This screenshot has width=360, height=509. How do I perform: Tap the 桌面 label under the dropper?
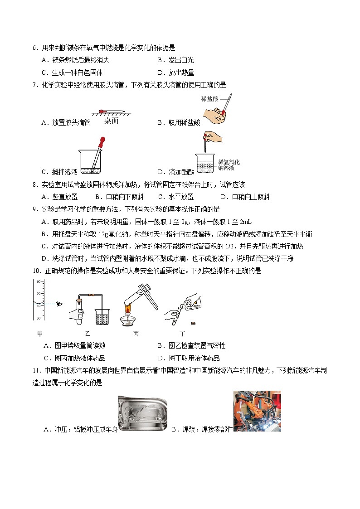pyautogui.click(x=112, y=121)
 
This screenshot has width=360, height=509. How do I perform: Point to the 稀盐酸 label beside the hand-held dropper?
pyautogui.click(x=209, y=99)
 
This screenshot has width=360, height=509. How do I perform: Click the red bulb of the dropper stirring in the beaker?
pyautogui.click(x=102, y=141)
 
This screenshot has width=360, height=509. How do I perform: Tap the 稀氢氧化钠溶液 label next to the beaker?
pyautogui.click(x=229, y=165)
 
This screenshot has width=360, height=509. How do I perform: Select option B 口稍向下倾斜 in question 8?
pyautogui.click(x=120, y=197)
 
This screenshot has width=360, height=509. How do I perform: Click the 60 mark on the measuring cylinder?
pyautogui.click(x=39, y=281)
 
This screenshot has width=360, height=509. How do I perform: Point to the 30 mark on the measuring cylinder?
pyautogui.click(x=39, y=318)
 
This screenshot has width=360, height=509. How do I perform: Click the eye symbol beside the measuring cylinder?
pyautogui.click(x=59, y=304)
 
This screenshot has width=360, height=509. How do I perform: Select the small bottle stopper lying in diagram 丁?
pyautogui.click(x=193, y=323)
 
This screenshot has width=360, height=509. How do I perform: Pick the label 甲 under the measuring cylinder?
pyautogui.click(x=40, y=334)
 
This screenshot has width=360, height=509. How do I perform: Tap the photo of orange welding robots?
pyautogui.click(x=257, y=411)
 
